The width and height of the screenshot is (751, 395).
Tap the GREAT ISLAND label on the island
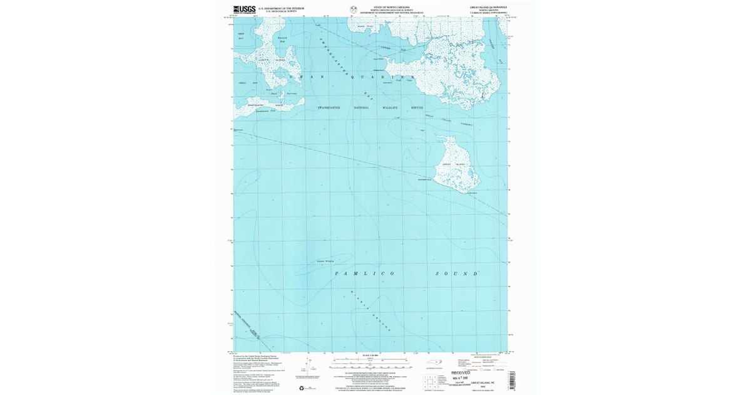[454, 164]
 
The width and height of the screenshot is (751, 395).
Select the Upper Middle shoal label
[325, 261]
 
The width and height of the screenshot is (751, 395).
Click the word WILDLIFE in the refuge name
[395, 108]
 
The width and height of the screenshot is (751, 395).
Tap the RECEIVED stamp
[464, 371]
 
